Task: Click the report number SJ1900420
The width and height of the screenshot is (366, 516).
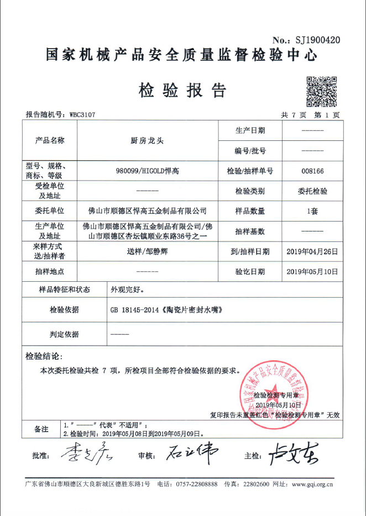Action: click(314, 40)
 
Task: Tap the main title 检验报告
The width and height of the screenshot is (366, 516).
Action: click(182, 90)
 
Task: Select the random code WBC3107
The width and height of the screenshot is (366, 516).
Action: click(82, 115)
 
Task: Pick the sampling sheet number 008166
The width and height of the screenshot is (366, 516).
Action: click(312, 172)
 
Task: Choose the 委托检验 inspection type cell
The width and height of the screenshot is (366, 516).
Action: click(312, 191)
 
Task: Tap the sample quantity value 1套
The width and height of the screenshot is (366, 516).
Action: click(312, 211)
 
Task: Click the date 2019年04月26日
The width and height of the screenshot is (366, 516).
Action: click(312, 251)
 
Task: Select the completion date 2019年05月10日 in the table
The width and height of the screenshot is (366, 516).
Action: click(312, 271)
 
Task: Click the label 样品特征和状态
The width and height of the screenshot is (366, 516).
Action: click(65, 289)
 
